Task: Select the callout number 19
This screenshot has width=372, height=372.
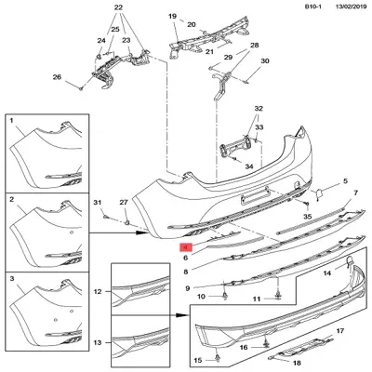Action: pos(172,17)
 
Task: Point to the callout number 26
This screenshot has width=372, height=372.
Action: pos(57,77)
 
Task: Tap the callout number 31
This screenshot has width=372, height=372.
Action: pos(95,203)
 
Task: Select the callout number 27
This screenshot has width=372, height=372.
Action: pos(123,203)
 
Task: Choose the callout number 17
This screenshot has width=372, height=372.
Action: pos(340,330)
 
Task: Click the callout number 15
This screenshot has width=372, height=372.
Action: pos(195,359)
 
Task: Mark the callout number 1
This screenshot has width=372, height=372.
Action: pos(11,122)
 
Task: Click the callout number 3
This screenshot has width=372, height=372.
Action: pos(11,278)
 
